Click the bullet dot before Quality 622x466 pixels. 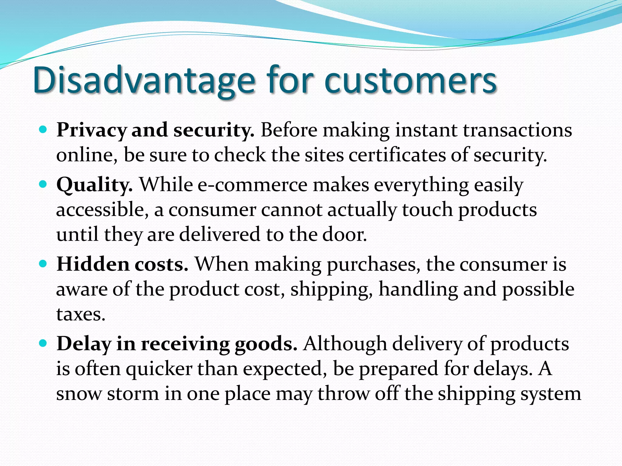point(43,184)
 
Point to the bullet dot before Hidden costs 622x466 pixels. point(43,264)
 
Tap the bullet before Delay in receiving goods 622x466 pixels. point(43,343)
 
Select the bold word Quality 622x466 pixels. point(94,185)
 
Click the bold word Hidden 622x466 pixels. point(93,264)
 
